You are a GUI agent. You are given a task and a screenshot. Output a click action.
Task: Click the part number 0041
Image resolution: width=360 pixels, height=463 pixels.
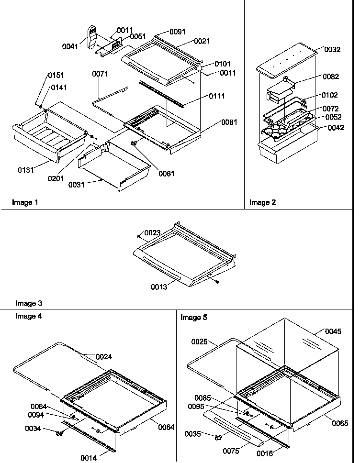pos(70,46)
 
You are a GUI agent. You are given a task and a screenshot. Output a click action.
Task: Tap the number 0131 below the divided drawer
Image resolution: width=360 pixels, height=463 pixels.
pos(26,170)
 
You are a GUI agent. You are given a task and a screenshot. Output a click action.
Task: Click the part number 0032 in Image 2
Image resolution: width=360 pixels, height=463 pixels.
pos(332,50)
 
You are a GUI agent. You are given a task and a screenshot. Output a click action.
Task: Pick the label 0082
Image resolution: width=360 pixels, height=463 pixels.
pos(330,77)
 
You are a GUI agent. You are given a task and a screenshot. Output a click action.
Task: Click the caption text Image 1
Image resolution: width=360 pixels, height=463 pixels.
pos(25,202)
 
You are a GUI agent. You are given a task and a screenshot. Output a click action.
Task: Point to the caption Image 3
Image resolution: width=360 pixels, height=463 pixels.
pos(29,303)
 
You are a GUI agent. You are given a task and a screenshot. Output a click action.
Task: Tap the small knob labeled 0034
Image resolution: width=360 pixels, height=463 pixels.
pos(60,434)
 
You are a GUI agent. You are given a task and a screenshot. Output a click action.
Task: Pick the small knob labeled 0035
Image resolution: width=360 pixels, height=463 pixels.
pos(219,437)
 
